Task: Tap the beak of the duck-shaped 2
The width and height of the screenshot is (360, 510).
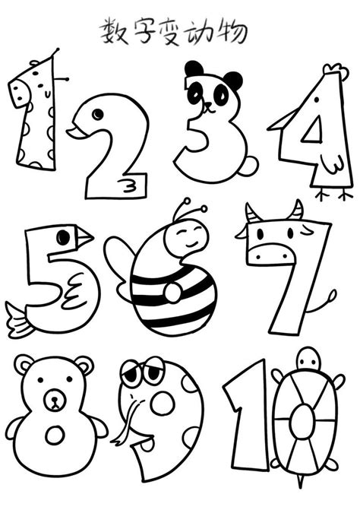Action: tap(75, 134)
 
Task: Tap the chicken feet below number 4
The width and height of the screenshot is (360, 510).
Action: tap(330, 195)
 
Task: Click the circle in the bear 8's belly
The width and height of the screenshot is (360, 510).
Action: tap(55, 435)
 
